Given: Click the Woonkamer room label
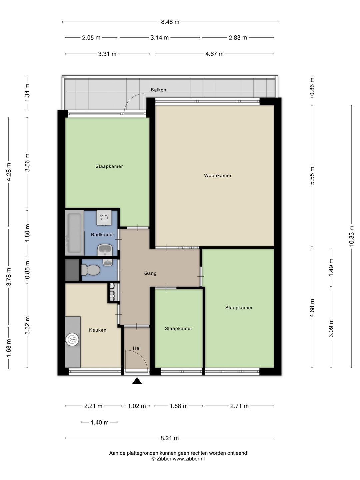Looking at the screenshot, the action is tap(217, 175).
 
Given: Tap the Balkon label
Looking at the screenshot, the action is tap(158, 90).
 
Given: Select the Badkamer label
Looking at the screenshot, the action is tap(103, 235).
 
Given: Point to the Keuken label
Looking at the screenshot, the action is tap(97, 330).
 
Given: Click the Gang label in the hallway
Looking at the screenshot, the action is tap(150, 273).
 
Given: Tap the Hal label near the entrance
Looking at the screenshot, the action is tap(137, 348).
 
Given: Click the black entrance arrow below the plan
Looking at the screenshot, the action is tap(137, 381).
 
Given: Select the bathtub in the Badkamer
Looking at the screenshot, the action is tap(74, 233).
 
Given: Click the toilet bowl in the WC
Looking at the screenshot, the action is tap(91, 270).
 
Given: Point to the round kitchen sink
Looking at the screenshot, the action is tap(73, 339).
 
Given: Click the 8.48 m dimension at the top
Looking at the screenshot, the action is tap(170, 22).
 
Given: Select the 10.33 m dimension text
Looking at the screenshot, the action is tap(351, 236).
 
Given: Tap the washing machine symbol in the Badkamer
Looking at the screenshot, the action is tap(104, 218).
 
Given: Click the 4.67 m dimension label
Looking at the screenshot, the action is tap(214, 54).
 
